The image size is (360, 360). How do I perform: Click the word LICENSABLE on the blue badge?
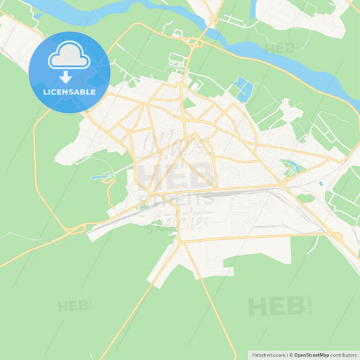tap(69, 92)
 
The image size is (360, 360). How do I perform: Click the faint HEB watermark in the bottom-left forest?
tap(73, 306)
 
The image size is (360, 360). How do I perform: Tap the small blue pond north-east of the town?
tap(242, 88)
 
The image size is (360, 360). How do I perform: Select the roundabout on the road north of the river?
tap(213, 20)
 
